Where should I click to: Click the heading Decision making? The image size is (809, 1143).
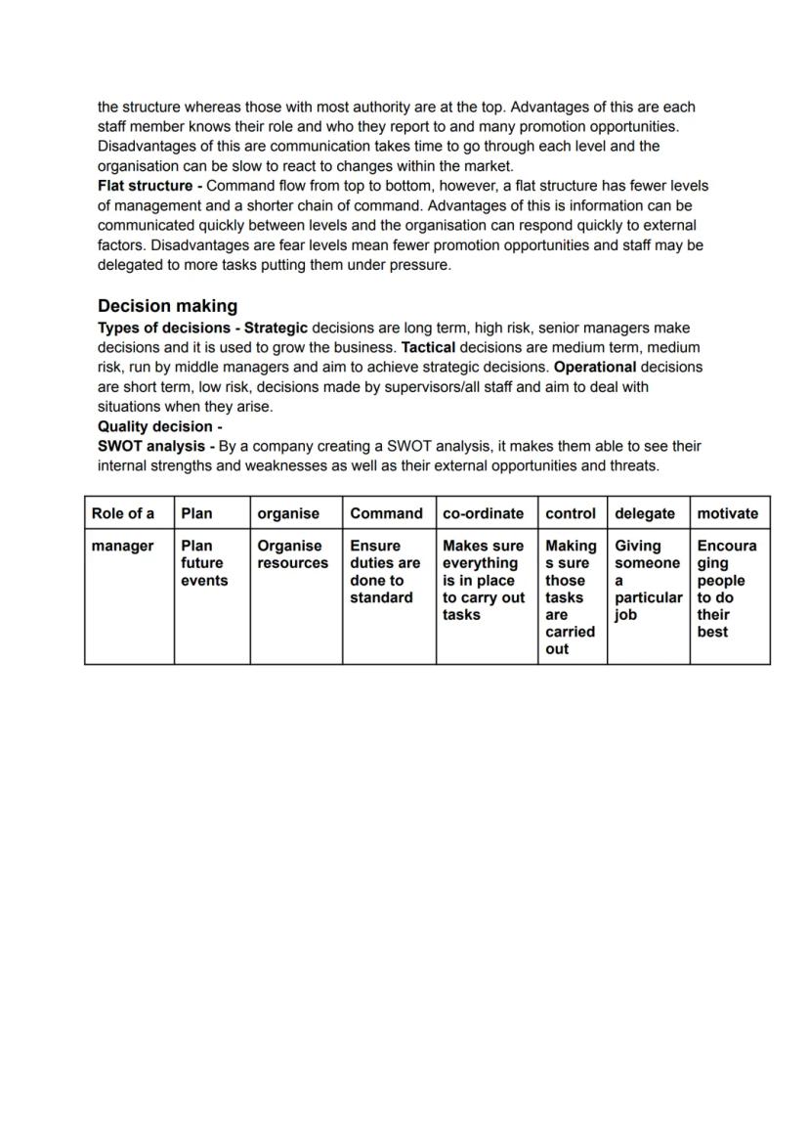point(167,306)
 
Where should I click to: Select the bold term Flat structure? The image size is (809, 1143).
point(145,186)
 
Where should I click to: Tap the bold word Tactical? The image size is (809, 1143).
point(428,347)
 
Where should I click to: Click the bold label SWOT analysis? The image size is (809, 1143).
point(151,446)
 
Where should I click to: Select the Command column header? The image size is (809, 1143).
point(386,513)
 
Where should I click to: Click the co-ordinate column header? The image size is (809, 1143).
point(483,513)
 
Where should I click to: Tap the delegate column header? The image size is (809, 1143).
point(644,513)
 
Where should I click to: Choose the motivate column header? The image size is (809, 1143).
point(727,513)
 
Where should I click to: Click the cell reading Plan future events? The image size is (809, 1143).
point(204,563)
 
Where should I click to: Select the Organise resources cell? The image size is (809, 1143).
point(292,554)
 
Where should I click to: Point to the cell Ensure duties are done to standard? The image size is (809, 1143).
point(385,572)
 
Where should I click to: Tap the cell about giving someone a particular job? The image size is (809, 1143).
point(646,580)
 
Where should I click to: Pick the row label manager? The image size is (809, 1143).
point(122,546)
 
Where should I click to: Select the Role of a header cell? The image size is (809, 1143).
point(122,513)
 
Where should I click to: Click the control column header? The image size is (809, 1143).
point(570,513)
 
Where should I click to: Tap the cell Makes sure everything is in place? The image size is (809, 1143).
point(483,580)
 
